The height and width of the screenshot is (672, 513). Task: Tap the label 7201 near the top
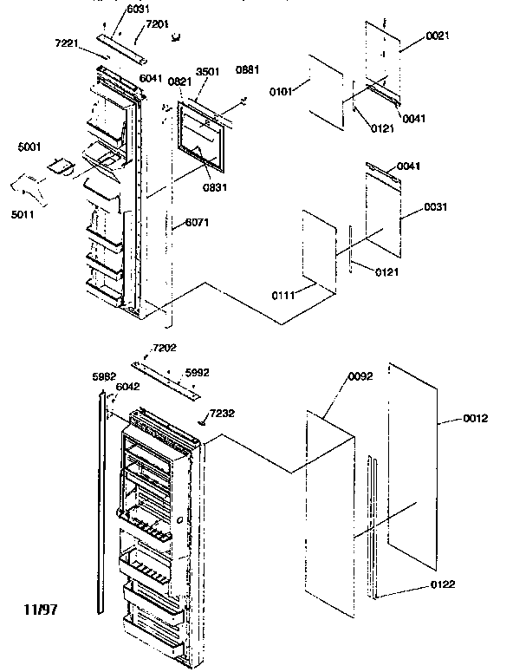[157, 23]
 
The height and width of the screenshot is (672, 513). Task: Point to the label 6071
[196, 222]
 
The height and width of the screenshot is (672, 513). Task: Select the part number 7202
[162, 348]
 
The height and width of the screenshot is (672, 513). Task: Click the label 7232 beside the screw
[220, 414]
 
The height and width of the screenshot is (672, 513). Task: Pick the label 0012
[475, 419]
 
